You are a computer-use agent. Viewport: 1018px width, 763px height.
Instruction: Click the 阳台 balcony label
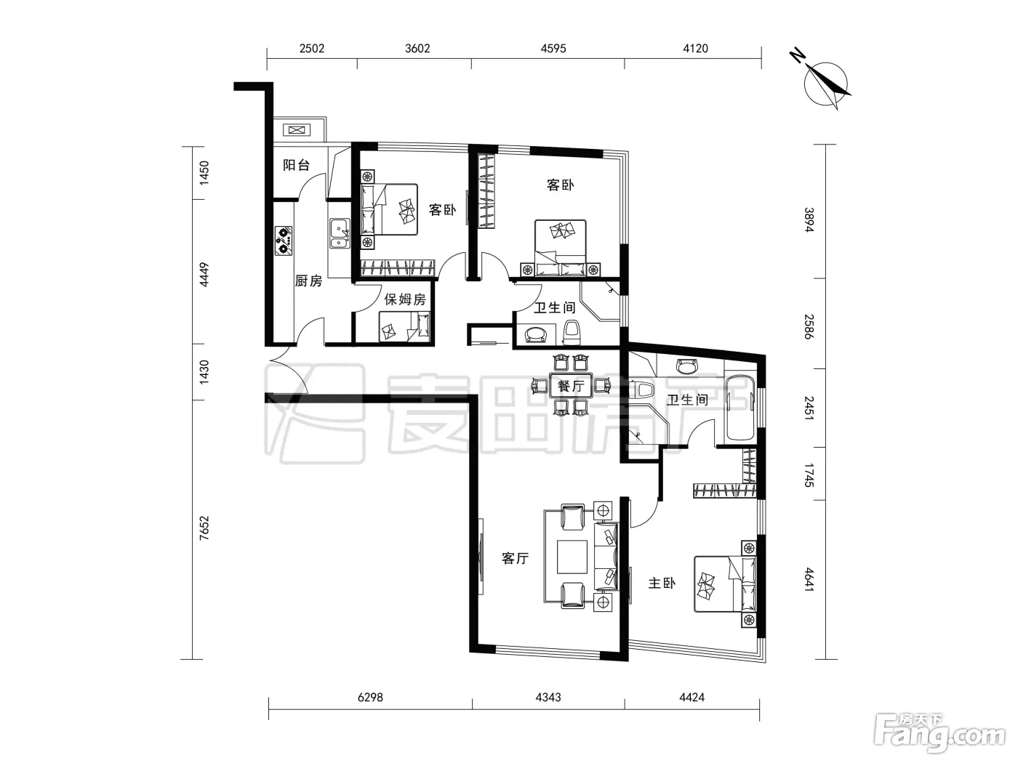coord(296,165)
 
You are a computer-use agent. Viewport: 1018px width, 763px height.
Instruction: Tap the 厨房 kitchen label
coord(308,280)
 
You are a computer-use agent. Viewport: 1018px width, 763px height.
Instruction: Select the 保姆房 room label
coord(405,299)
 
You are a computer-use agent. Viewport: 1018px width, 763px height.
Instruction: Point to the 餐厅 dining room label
coord(571,385)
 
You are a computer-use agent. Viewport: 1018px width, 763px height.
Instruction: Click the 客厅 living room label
coord(516,558)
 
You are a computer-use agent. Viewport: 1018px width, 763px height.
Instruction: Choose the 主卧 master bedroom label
coord(662,583)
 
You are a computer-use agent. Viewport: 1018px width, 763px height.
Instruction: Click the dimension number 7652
coord(204,528)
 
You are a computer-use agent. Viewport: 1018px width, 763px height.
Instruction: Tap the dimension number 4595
coord(553,49)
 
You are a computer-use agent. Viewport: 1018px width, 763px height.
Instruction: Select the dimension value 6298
coord(371,697)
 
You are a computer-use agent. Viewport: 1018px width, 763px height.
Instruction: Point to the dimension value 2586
coord(809,327)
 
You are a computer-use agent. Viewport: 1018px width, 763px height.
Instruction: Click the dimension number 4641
coord(809,580)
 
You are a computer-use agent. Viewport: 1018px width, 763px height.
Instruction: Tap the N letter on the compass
coord(797,56)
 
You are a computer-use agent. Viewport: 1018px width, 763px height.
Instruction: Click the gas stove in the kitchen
coord(284,241)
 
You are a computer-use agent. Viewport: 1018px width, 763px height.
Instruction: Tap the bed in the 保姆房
coord(404,326)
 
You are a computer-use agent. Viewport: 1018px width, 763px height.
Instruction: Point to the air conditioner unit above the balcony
coord(296,130)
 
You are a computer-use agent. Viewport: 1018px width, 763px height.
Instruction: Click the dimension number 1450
coord(204,173)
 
